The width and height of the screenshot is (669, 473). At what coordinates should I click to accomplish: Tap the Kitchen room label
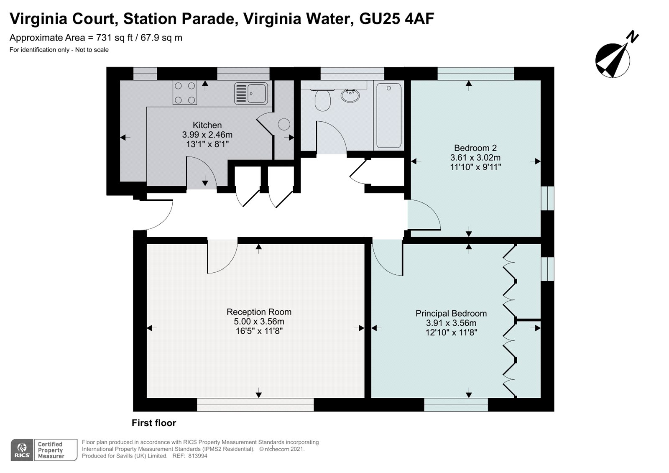207,125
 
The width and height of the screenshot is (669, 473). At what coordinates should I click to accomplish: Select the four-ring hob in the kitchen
185,92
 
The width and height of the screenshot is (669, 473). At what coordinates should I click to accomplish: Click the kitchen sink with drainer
251,94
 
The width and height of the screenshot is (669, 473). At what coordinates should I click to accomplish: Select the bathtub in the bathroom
389,115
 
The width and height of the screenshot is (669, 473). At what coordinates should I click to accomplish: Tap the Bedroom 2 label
475,148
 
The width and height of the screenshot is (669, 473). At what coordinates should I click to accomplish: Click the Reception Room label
259,312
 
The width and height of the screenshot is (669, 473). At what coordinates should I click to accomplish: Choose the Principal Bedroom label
451,313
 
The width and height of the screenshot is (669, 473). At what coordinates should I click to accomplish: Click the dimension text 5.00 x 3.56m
259,322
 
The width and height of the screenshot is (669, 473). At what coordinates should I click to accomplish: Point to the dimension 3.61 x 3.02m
475,158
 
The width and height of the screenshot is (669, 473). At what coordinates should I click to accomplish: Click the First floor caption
154,423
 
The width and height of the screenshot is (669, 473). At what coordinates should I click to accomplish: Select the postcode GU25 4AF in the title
397,19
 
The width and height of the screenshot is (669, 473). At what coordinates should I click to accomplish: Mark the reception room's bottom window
255,404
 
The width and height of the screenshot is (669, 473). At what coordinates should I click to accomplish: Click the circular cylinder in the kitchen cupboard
284,124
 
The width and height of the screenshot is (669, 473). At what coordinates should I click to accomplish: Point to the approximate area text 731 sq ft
114,38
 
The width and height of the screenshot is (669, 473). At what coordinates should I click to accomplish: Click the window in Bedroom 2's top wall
476,74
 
